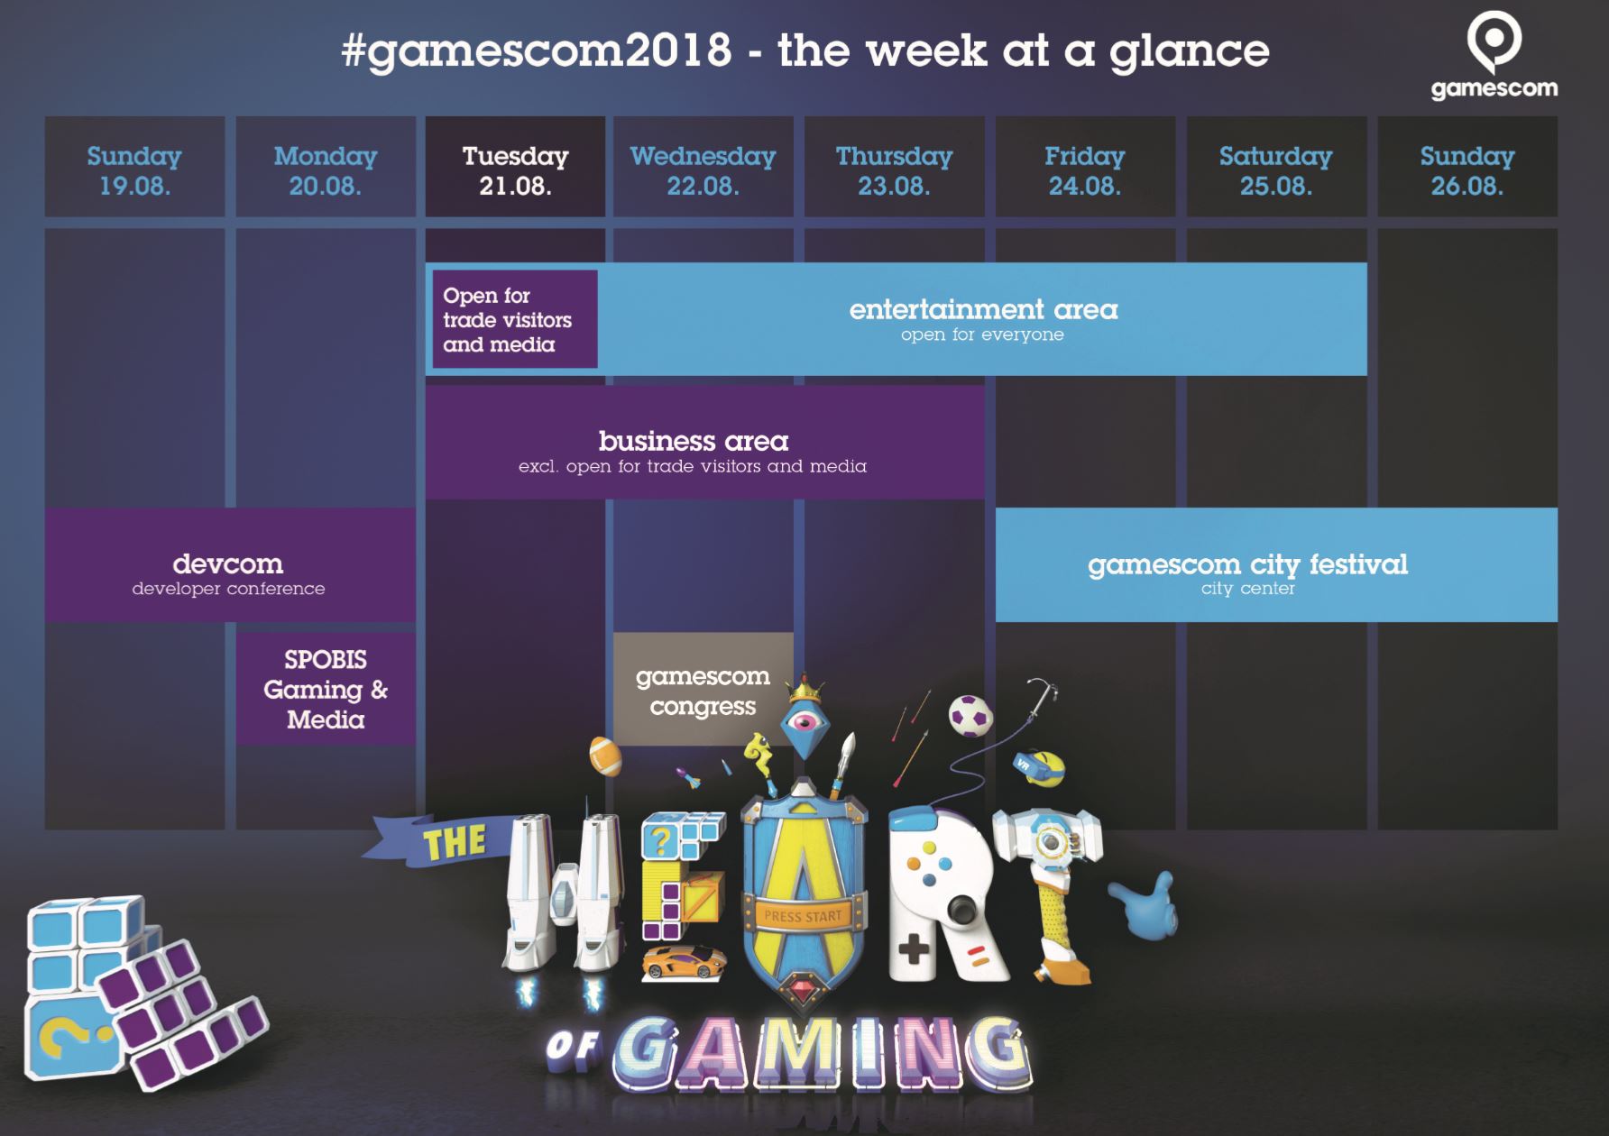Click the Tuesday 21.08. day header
(515, 167)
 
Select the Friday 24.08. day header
(1085, 167)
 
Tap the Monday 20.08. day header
(326, 167)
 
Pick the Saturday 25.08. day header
(1276, 167)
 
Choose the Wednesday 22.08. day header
(703, 167)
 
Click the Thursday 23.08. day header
(894, 167)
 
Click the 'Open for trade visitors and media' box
(515, 319)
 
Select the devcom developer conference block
(230, 565)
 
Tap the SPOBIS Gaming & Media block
(326, 689)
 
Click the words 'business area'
(694, 441)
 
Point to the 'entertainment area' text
(983, 309)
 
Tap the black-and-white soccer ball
(970, 715)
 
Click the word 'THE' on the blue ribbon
(455, 842)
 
